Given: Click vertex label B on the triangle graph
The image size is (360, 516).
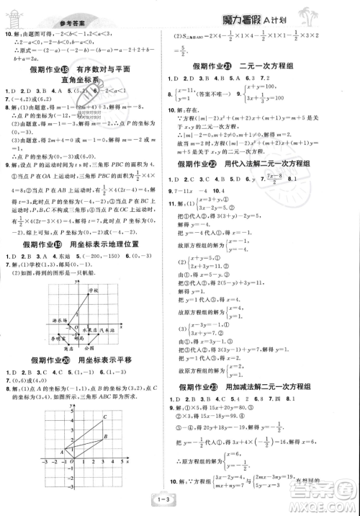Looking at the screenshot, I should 105,437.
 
